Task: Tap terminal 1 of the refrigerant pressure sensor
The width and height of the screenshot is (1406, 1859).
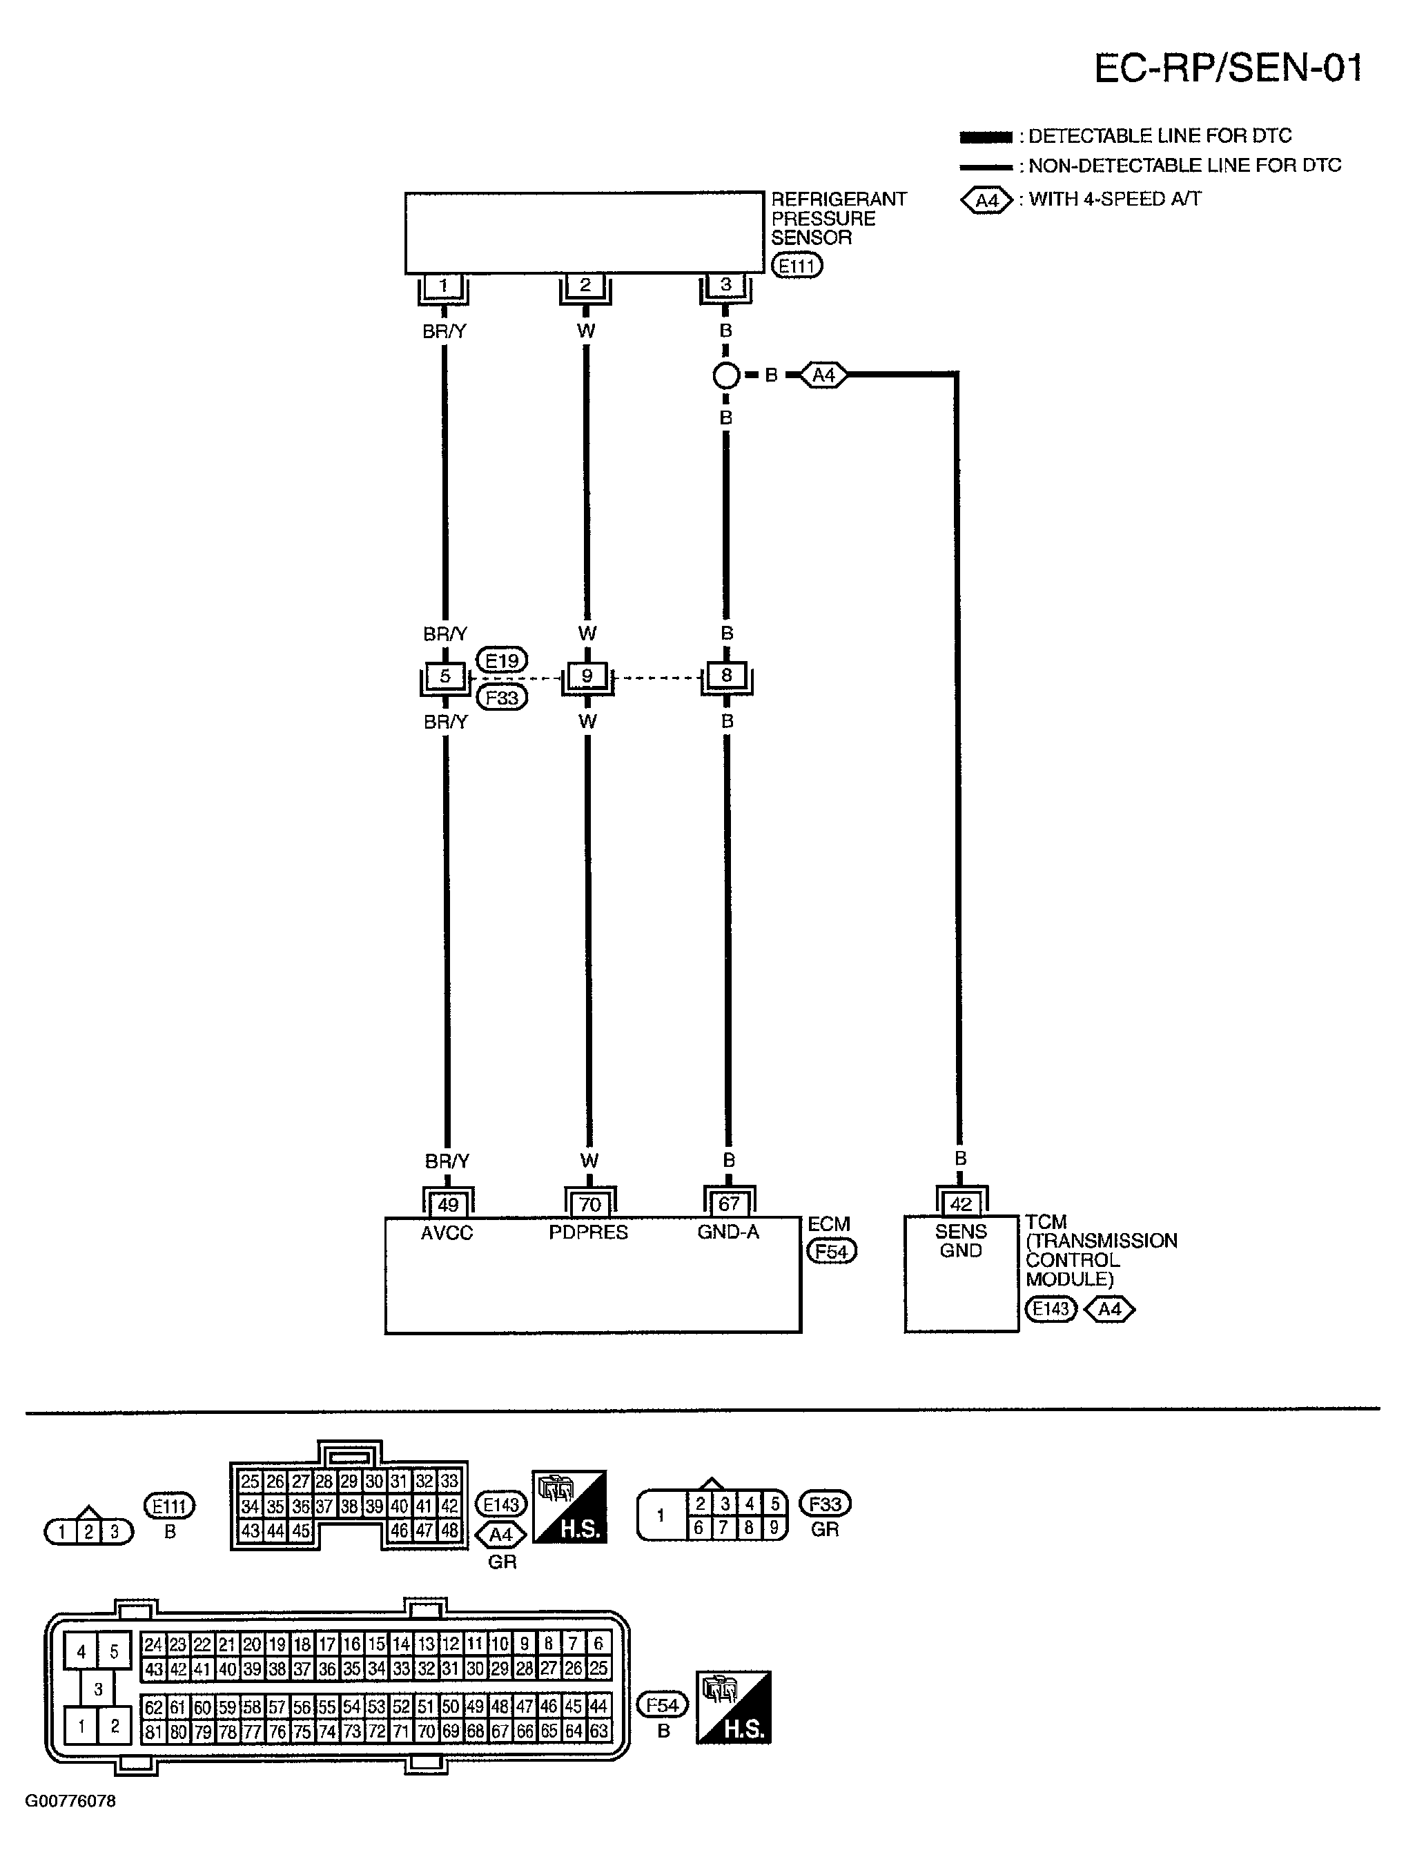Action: (x=443, y=286)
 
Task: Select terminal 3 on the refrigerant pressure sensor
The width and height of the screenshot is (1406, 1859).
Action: (x=725, y=286)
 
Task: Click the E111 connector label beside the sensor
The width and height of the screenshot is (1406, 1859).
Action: (x=796, y=266)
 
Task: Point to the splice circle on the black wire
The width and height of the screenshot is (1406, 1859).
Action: (x=726, y=375)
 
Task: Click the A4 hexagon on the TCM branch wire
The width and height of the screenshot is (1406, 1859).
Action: (x=823, y=375)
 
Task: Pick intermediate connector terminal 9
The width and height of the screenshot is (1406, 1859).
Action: (x=587, y=676)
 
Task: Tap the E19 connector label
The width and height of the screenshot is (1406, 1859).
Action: (x=502, y=660)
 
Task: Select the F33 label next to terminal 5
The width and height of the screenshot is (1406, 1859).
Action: (x=502, y=698)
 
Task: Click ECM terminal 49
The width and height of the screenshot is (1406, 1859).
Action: (x=447, y=1204)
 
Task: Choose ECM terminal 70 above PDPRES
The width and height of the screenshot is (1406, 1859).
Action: (x=589, y=1204)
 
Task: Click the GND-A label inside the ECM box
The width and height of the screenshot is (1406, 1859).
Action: (x=728, y=1232)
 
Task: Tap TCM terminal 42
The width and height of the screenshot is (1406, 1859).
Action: (x=961, y=1204)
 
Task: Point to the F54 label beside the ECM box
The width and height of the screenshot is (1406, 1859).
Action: (x=831, y=1251)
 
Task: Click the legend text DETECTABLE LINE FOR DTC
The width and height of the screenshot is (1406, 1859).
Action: (x=1160, y=136)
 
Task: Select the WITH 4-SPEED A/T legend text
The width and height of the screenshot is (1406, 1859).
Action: (x=1115, y=199)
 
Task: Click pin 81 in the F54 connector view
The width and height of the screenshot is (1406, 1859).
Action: (x=153, y=1731)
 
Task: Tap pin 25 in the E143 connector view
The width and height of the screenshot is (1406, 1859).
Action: (x=250, y=1482)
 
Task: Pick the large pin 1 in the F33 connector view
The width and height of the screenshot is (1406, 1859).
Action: (x=661, y=1515)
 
